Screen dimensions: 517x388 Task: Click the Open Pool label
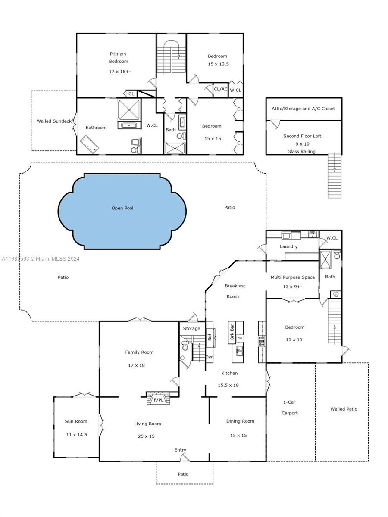click(x=122, y=208)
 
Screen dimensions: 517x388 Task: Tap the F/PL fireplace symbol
click(x=158, y=400)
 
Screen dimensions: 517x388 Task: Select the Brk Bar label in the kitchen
click(x=232, y=332)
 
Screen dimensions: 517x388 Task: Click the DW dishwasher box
click(x=240, y=338)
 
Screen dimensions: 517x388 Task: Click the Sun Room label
click(x=76, y=421)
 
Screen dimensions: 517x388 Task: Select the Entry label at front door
click(x=180, y=450)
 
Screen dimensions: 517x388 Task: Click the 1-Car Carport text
click(x=290, y=408)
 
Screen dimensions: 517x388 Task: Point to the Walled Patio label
click(x=344, y=409)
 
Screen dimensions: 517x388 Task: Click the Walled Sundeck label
click(x=54, y=121)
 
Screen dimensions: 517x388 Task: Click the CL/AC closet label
click(x=221, y=89)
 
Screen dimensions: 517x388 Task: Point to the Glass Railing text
click(x=302, y=151)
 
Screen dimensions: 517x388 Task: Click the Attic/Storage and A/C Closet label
click(x=303, y=109)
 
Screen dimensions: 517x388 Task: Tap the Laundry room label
click(x=288, y=246)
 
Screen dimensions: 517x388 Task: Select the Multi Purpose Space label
click(x=293, y=277)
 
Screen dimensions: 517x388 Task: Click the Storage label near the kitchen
click(x=191, y=329)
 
